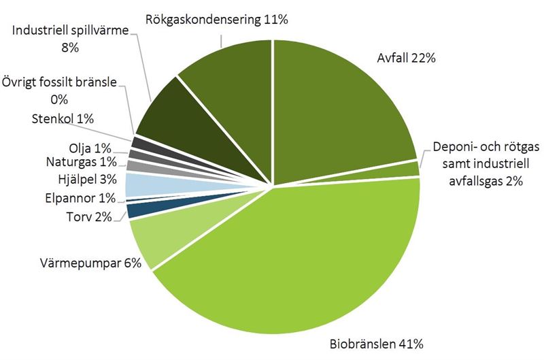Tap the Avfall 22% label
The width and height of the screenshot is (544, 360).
[x=406, y=58]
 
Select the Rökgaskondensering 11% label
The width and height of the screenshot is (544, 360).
[x=217, y=20]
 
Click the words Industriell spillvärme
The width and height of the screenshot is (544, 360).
[x=70, y=31]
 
